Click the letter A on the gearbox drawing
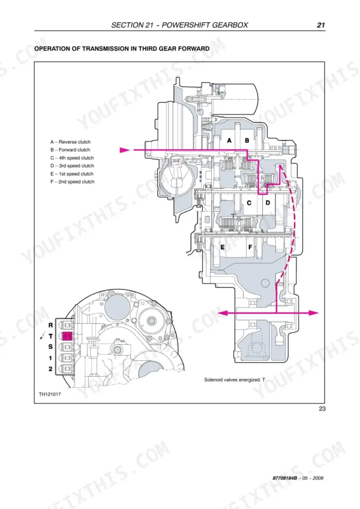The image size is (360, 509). pos(229,140)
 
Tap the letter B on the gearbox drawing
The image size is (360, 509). pos(247,140)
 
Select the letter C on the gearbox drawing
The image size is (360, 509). pos(249,203)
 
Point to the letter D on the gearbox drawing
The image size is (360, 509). pos(268,203)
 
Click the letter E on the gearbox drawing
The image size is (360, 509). pos(223,247)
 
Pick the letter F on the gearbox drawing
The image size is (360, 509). pos(250,247)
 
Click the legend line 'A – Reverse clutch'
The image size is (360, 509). pos(71,142)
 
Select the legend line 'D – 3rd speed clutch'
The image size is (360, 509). pos(72,165)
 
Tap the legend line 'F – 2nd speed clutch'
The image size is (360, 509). pos(73,182)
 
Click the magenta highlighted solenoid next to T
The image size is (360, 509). pos(67,336)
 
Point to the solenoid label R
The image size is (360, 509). pos(50,325)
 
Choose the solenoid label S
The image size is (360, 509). pos(50,347)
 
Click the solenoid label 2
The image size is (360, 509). pos(50,369)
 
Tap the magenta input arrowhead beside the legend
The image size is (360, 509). pos(125,150)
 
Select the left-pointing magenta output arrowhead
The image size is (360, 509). pos(222,313)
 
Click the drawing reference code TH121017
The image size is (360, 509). pos(50,394)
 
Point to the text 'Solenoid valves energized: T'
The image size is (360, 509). pos(235,380)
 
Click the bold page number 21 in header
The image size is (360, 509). pos(321,25)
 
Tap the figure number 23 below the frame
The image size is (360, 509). pos(322,408)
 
